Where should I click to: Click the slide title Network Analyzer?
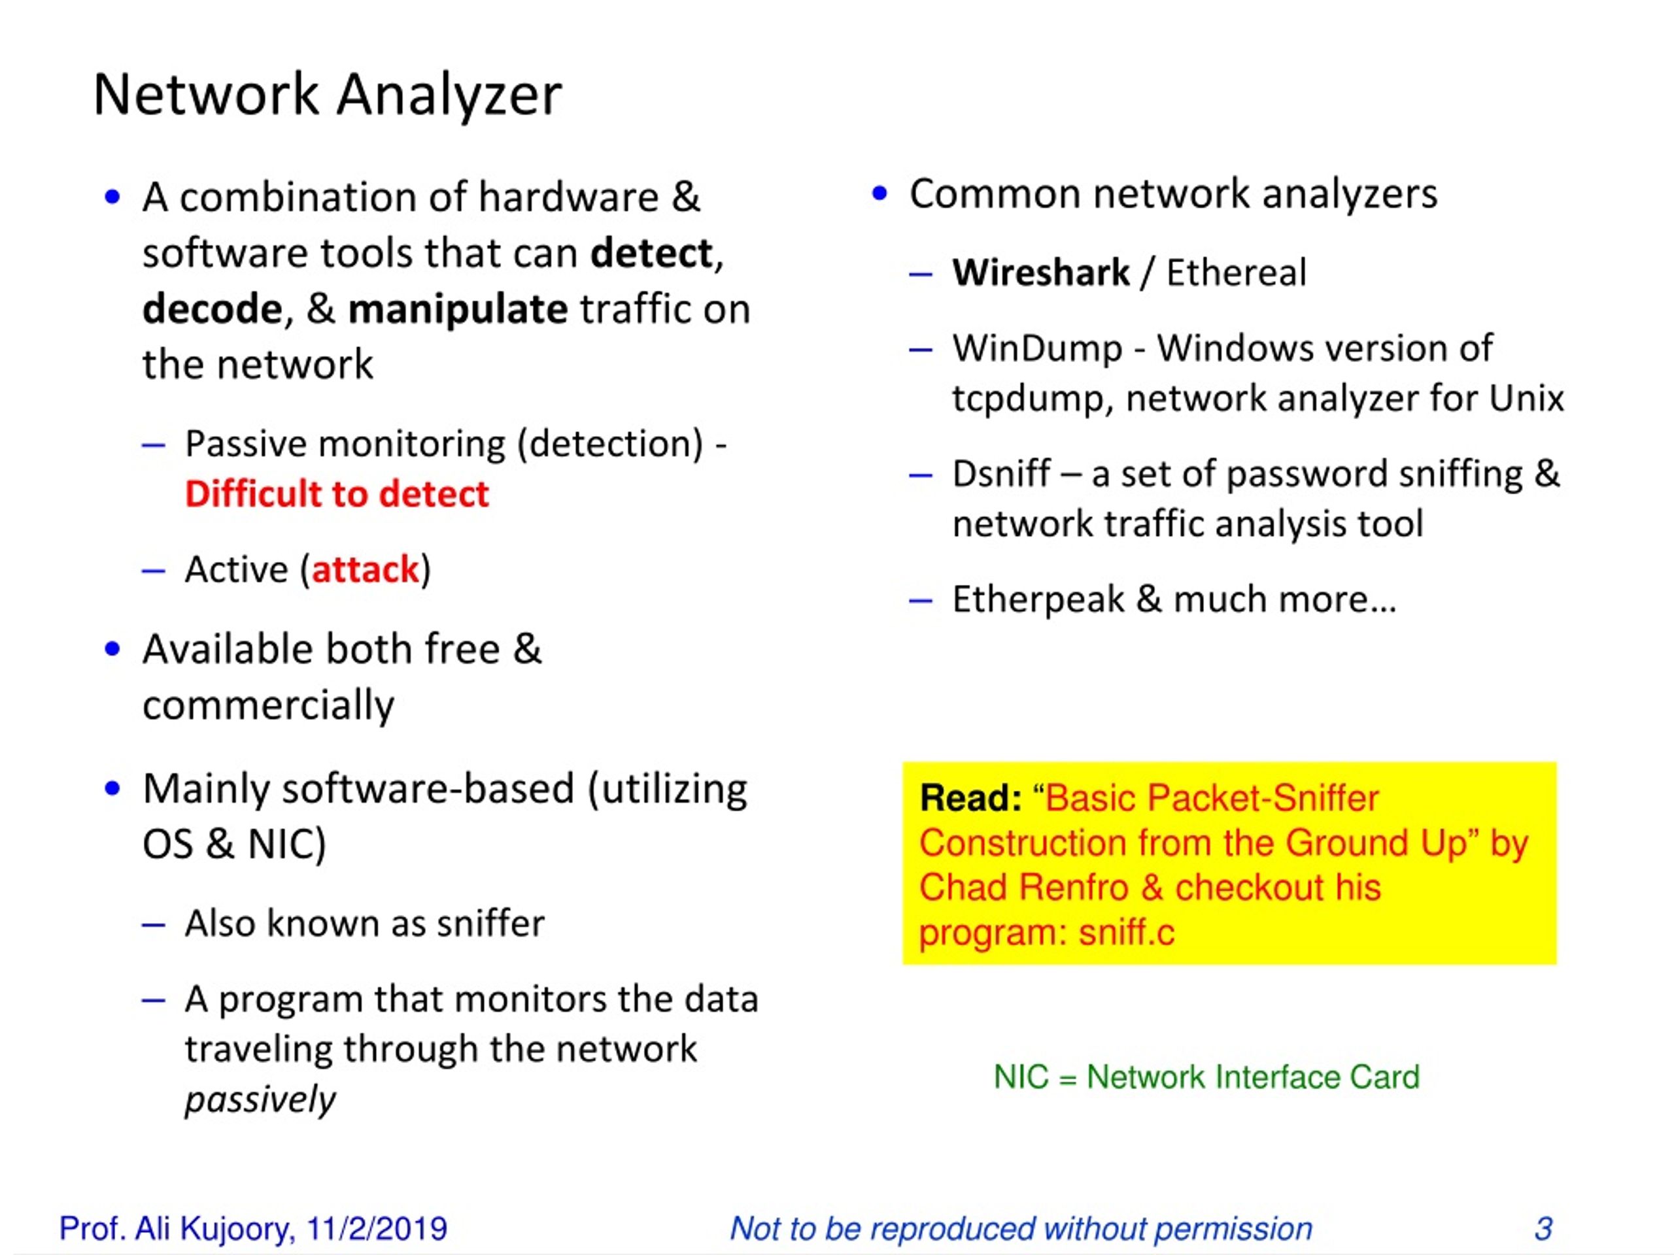327,95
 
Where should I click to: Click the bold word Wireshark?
1040,273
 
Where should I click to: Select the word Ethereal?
1236,273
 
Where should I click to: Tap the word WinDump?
1037,349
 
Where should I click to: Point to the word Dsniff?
1001,475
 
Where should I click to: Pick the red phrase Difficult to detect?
337,494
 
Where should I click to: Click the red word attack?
365,569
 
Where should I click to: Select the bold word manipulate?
457,309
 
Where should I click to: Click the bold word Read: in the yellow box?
970,798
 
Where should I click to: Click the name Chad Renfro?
1023,888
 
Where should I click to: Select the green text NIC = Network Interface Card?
1206,1077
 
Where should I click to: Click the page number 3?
1543,1228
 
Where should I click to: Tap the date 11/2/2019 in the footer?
376,1228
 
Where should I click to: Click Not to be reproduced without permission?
1020,1228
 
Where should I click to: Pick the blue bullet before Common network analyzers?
879,193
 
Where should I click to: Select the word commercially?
268,706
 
